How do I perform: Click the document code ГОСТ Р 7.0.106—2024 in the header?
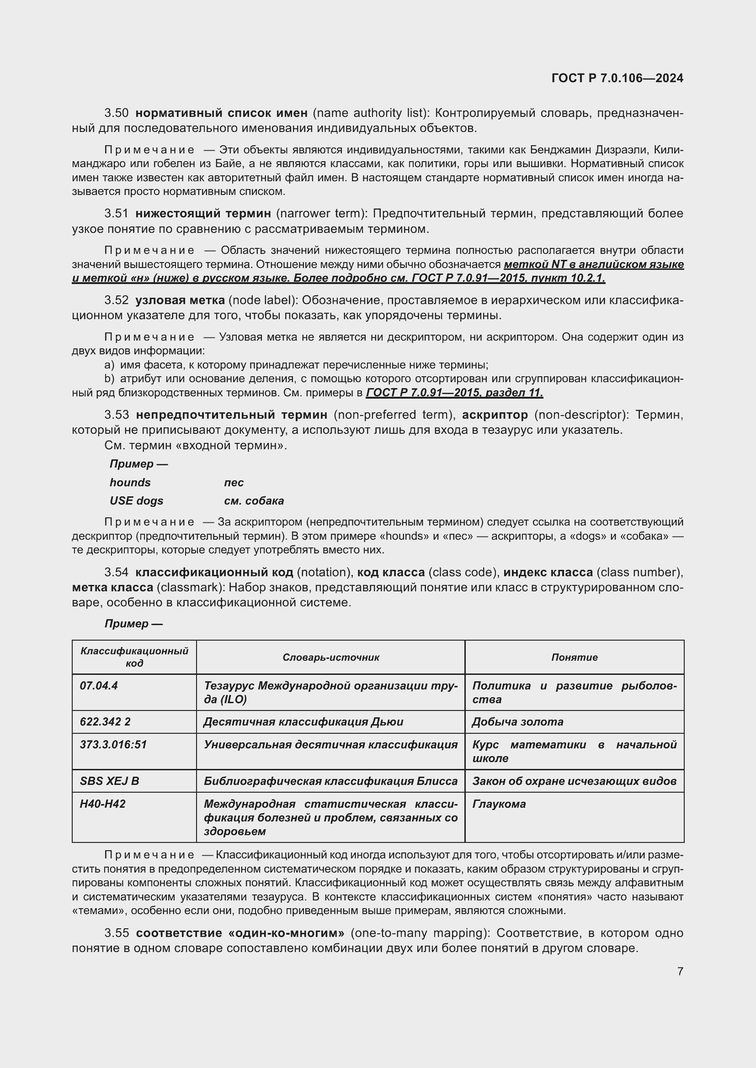[x=617, y=78]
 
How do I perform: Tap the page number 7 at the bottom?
[x=680, y=971]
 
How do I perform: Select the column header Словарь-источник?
[x=330, y=657]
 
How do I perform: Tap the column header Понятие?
[x=574, y=657]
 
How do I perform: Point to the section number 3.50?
[x=117, y=113]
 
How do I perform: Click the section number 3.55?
[x=117, y=933]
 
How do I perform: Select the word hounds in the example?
[x=130, y=482]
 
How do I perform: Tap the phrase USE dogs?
[x=136, y=500]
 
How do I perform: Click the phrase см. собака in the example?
[x=254, y=500]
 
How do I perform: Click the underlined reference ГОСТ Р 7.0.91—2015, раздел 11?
[x=454, y=393]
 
